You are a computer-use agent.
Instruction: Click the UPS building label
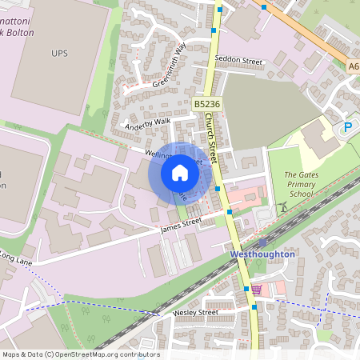pyautogui.click(x=60, y=53)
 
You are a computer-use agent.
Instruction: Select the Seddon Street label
pyautogui.click(x=238, y=61)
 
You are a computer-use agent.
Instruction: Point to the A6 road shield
pyautogui.click(x=354, y=68)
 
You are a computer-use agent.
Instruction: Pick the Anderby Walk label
pyautogui.click(x=148, y=124)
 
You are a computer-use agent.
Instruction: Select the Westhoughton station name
pyautogui.click(x=262, y=254)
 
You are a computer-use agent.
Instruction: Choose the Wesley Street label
pyautogui.click(x=195, y=312)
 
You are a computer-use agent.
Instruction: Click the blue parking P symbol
pyautogui.click(x=348, y=126)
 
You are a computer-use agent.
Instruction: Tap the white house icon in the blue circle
pyautogui.click(x=180, y=172)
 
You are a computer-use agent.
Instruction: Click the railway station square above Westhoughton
pyautogui.click(x=262, y=242)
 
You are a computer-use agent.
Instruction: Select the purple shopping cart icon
pyautogui.click(x=256, y=289)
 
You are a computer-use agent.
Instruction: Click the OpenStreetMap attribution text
pyautogui.click(x=80, y=354)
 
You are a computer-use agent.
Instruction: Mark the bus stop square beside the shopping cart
pyautogui.click(x=246, y=288)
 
